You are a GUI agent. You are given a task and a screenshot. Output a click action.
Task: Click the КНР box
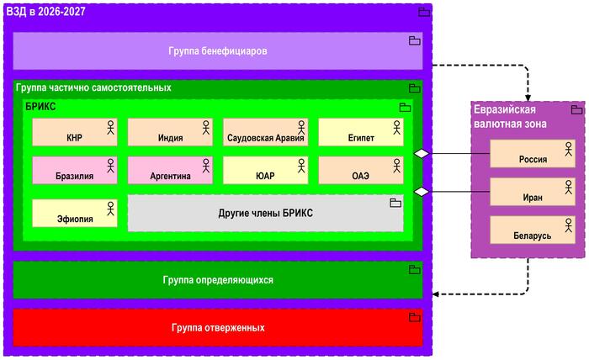pyautogui.click(x=74, y=132)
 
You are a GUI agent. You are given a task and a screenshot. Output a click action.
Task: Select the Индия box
pyautogui.click(x=170, y=132)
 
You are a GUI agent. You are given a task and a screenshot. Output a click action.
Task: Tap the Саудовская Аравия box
pyautogui.click(x=265, y=132)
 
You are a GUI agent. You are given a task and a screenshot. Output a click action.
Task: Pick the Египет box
pyautogui.click(x=360, y=132)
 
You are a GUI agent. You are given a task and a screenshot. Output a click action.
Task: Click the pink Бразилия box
pyautogui.click(x=74, y=171)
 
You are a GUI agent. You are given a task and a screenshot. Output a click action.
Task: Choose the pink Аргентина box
pyautogui.click(x=170, y=171)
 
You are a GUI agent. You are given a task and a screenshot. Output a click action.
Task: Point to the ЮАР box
pyautogui.click(x=265, y=171)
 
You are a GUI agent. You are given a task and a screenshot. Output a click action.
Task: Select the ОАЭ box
pyautogui.click(x=360, y=171)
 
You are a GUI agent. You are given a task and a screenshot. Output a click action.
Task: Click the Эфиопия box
pyautogui.click(x=74, y=213)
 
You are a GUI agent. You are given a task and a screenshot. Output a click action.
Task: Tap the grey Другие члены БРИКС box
pyautogui.click(x=265, y=213)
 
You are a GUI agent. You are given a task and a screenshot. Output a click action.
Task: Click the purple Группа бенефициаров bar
pyautogui.click(x=217, y=50)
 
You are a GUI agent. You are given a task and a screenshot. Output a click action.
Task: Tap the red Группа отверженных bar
pyautogui.click(x=217, y=327)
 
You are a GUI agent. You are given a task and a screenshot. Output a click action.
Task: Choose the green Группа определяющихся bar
pyautogui.click(x=217, y=279)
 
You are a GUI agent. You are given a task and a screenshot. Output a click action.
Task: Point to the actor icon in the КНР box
pyautogui.click(x=109, y=126)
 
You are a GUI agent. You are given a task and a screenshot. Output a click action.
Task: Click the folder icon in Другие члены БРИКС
pyautogui.click(x=395, y=203)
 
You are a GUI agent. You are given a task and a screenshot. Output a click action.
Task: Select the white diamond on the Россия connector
pyautogui.click(x=422, y=154)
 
